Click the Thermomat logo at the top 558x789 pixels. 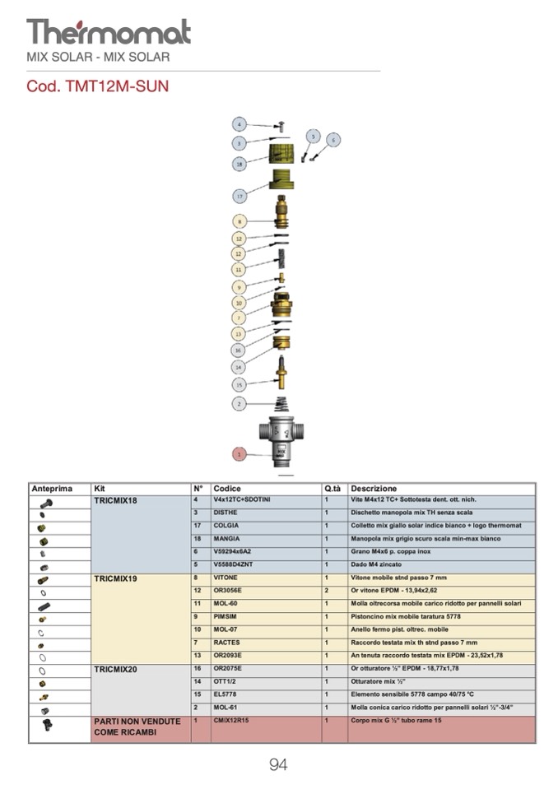click(x=109, y=32)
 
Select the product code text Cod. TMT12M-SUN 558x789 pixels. click(x=98, y=86)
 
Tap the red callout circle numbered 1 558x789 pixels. click(x=239, y=453)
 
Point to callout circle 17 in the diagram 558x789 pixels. click(x=239, y=196)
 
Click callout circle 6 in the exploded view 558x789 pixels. click(x=333, y=140)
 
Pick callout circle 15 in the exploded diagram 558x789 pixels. click(x=239, y=384)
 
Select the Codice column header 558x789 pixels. click(x=227, y=489)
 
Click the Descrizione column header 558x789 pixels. click(x=374, y=489)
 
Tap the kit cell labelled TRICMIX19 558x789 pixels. click(x=116, y=578)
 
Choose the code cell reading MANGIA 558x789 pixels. click(x=226, y=539)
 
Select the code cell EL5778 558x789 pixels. click(x=226, y=694)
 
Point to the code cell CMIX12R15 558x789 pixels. click(x=231, y=721)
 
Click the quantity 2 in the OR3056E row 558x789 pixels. click(x=327, y=591)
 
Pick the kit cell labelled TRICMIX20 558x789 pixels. click(x=116, y=669)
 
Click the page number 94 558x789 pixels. click(x=278, y=765)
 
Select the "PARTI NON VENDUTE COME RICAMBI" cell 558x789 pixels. click(x=137, y=726)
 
